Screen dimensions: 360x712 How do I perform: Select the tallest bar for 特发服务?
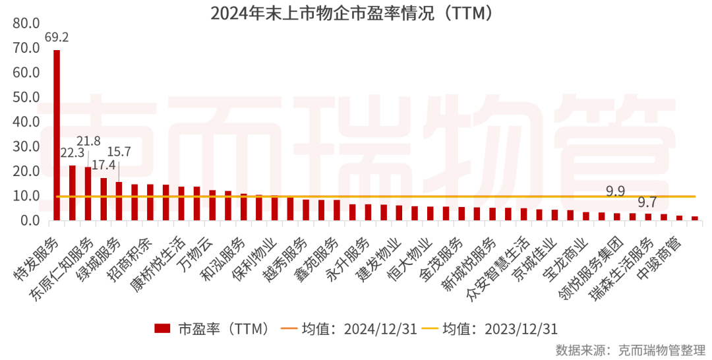tap(57, 135)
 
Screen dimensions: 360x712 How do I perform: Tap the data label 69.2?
tap(57, 37)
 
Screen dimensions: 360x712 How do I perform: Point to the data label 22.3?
tap(72, 153)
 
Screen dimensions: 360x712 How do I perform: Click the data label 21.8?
tap(88, 141)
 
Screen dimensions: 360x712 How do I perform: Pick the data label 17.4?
tap(103, 165)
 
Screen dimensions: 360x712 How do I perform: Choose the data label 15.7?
tap(119, 152)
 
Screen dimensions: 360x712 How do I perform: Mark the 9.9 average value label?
tap(615, 191)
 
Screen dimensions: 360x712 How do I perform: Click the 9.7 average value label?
tap(647, 202)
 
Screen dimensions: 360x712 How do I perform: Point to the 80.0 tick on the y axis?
tap(26, 24)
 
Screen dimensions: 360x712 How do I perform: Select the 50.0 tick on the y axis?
tap(26, 98)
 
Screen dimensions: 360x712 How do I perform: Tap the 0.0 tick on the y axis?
tap(29, 221)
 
